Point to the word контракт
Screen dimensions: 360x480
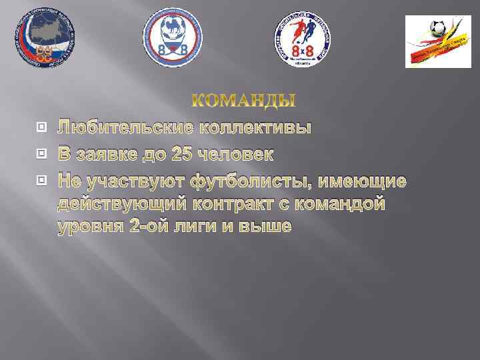point(248,204)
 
